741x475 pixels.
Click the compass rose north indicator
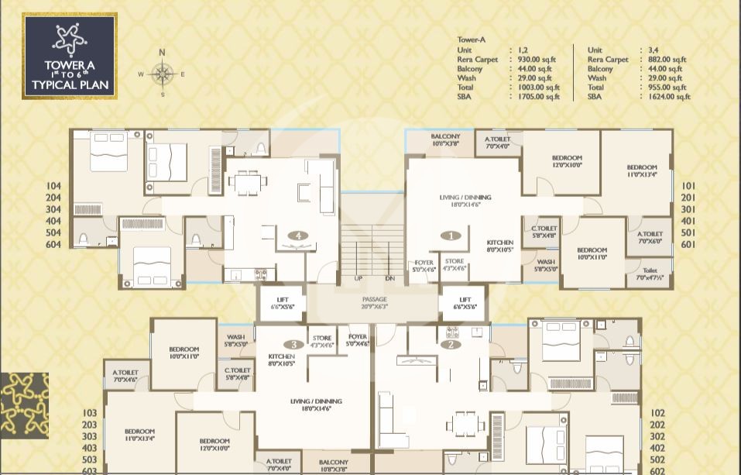tap(162, 53)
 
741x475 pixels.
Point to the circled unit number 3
tap(293, 344)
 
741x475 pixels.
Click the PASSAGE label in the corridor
tap(374, 299)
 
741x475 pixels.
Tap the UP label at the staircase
tap(358, 278)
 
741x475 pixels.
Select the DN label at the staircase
tap(389, 278)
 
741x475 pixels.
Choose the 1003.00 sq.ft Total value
tap(540, 88)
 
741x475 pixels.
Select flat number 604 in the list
tap(53, 244)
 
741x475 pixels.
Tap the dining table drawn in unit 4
tap(247, 183)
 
